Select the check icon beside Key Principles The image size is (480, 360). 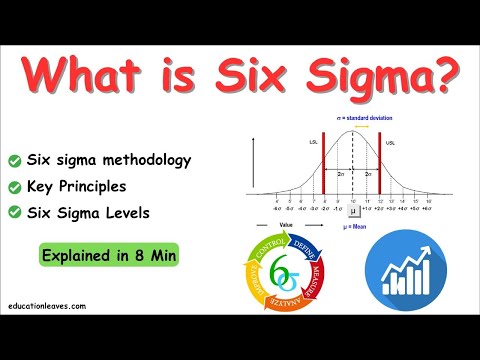click(x=15, y=186)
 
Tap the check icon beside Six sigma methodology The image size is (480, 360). click(x=15, y=160)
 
